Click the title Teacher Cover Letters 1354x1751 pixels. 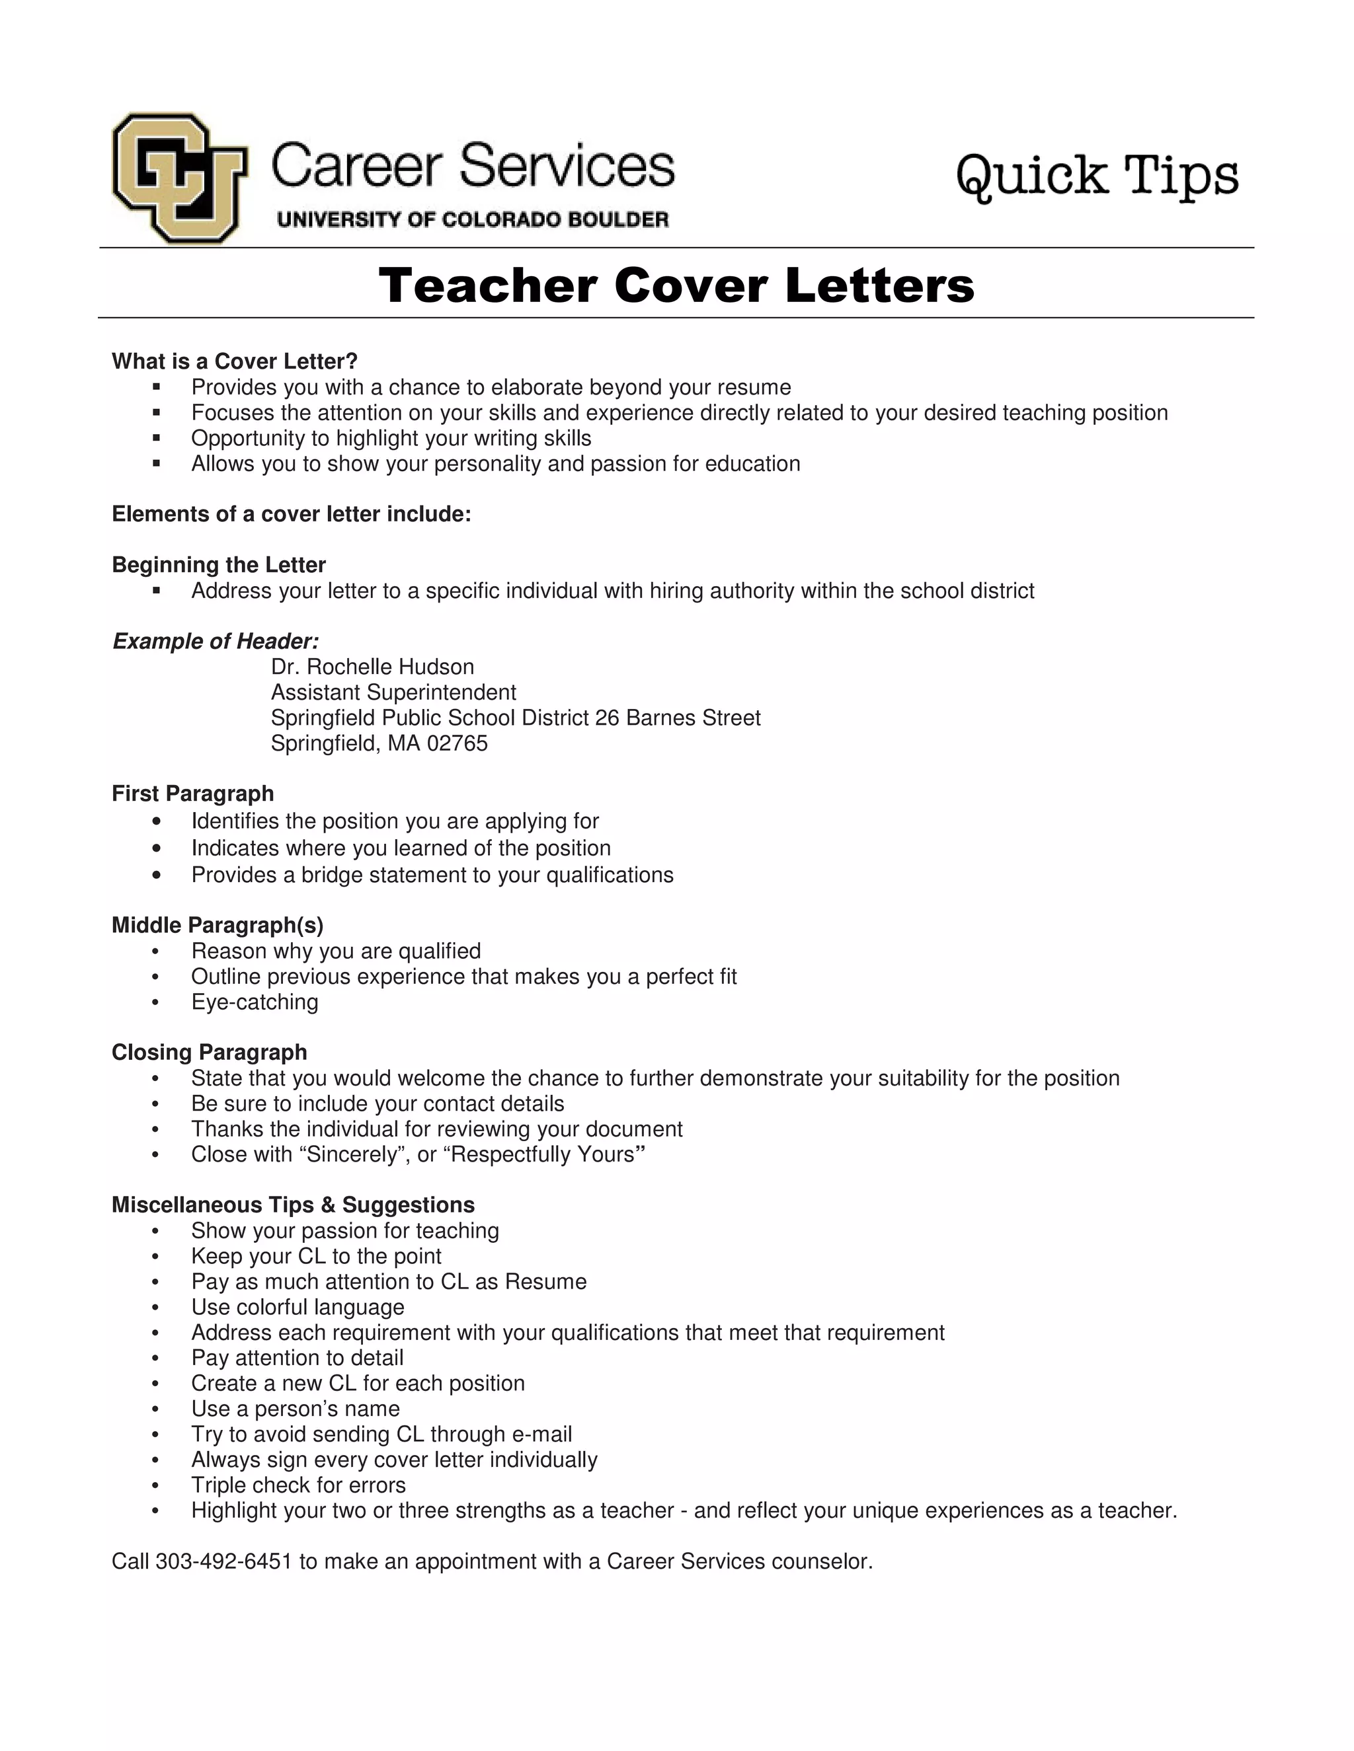pos(676,285)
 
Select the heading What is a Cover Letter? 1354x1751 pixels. pos(234,361)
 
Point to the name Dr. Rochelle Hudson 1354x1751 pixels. pos(372,667)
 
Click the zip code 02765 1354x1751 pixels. pos(458,743)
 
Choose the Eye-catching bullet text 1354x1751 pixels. pos(255,1002)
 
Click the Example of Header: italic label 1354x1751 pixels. pos(216,642)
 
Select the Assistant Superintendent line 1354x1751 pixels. pos(393,692)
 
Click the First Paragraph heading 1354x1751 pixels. pos(192,794)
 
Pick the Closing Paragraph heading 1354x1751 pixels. pos(210,1053)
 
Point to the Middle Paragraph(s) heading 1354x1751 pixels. pos(218,925)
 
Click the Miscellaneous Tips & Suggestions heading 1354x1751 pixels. pos(293,1205)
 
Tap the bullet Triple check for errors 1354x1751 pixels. pos(298,1485)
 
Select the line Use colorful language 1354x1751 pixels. pos(298,1308)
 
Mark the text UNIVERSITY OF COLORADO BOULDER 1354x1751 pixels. pos(473,219)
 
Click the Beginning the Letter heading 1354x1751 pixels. pos(218,565)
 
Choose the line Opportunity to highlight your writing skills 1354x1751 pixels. pos(391,439)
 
